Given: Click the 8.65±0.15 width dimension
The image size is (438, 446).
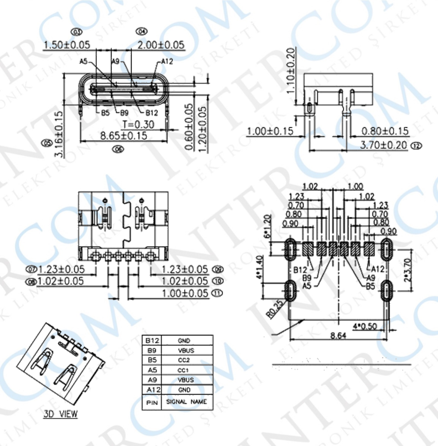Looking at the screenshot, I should tap(123, 136).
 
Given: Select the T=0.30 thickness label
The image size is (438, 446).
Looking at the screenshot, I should tap(138, 125).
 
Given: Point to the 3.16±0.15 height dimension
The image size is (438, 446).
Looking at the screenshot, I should tap(59, 134).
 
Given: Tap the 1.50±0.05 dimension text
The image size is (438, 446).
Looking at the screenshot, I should tap(67, 45).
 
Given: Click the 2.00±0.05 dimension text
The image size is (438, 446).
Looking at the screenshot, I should tap(161, 45).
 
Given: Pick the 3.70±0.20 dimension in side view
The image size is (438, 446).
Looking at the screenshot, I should tap(384, 145).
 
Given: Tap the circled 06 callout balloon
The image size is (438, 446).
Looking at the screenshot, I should tap(118, 149).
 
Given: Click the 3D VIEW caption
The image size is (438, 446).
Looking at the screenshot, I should tap(61, 414).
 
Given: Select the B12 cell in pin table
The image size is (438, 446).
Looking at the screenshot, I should tap(152, 340).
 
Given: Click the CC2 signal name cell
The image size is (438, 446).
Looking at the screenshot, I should tap(184, 360).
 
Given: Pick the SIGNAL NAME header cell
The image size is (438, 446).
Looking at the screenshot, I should tap(186, 402).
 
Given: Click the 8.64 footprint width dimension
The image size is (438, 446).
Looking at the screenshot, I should tap(338, 335).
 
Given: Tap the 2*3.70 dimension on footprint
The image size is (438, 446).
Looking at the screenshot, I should tap(408, 270).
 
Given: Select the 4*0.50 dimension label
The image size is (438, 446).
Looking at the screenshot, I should tap(365, 326).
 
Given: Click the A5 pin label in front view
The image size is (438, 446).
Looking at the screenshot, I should tap(83, 61).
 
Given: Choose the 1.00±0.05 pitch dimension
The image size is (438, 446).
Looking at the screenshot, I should tap(185, 293).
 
